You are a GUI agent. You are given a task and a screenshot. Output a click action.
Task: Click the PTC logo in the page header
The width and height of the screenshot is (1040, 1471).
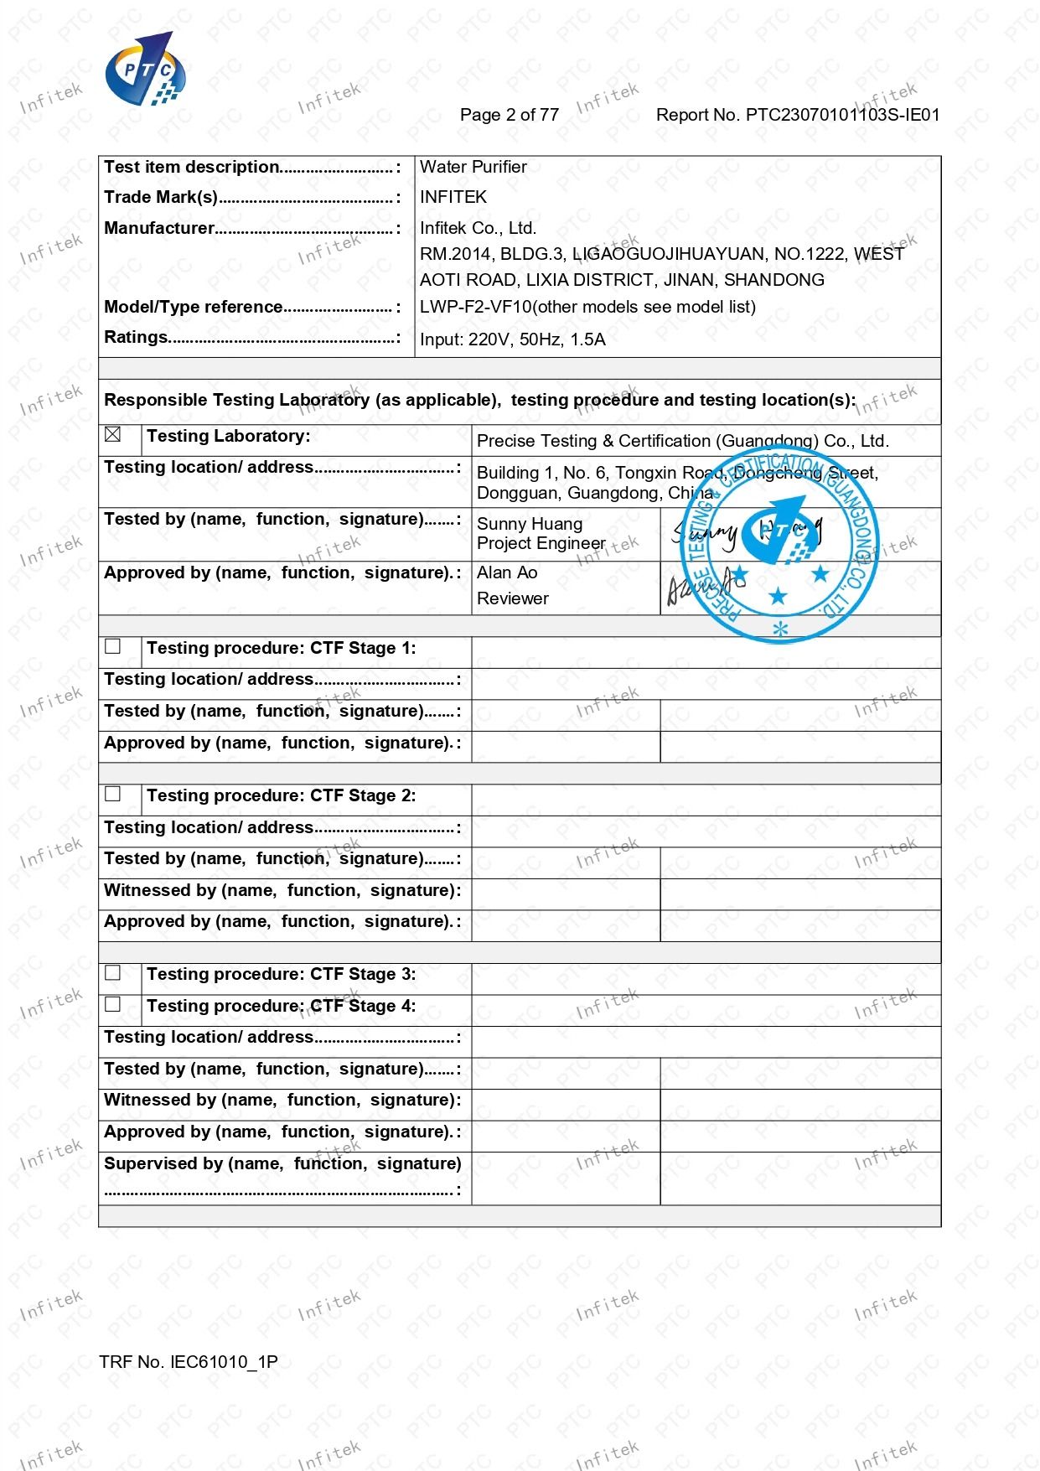click(144, 70)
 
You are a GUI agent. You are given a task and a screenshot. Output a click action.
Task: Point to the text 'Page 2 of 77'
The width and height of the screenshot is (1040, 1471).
click(509, 115)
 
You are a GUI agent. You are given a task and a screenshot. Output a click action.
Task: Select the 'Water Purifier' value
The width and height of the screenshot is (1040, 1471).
click(473, 167)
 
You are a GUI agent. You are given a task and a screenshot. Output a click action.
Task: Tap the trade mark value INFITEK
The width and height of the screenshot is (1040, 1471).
click(453, 197)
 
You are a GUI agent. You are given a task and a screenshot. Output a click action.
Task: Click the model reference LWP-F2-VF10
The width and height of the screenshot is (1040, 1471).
click(475, 307)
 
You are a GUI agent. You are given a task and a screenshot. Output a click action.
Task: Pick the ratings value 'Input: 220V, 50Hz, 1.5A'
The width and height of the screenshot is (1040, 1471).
click(512, 339)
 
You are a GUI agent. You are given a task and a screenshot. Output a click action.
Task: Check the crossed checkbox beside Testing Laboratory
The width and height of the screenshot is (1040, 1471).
click(113, 435)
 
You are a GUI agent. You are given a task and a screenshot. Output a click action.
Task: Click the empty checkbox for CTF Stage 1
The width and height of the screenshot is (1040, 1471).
click(113, 646)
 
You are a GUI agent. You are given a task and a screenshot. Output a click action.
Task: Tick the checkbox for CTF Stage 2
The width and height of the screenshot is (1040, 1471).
click(113, 794)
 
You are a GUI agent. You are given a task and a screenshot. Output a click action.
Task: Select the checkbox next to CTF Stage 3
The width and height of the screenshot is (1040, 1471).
click(113, 972)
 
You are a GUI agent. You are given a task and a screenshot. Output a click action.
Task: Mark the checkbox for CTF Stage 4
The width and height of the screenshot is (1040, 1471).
click(113, 1004)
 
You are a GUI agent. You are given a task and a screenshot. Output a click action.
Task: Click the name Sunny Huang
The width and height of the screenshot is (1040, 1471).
click(529, 524)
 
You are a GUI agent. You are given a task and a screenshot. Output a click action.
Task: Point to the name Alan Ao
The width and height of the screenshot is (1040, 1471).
click(507, 572)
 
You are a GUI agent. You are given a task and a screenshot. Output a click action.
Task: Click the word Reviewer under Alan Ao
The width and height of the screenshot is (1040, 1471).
click(512, 598)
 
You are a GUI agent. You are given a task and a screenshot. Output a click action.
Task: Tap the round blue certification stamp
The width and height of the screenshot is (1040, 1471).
click(779, 545)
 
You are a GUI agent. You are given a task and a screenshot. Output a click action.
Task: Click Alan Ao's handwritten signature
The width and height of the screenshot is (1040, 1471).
click(702, 587)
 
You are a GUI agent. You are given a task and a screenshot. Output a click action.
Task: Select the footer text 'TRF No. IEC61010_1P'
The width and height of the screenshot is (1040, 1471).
click(188, 1362)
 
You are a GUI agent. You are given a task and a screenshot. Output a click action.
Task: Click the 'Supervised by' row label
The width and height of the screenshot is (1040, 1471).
click(282, 1164)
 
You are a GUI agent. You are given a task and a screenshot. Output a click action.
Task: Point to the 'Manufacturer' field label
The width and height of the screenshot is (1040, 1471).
click(159, 228)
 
